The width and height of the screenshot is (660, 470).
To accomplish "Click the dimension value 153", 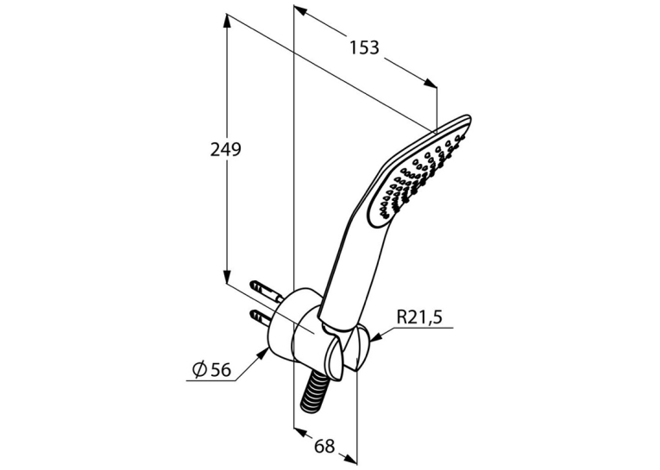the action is coord(365,47).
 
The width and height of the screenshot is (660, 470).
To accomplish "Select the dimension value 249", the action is coord(226,149).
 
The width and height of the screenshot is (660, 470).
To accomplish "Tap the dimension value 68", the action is coord(324,446).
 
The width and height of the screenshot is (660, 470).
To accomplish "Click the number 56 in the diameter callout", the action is coord(221,370).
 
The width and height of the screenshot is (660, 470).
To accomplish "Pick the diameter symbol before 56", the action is coord(200,369).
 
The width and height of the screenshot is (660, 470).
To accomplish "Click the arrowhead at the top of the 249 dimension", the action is coord(226,20).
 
